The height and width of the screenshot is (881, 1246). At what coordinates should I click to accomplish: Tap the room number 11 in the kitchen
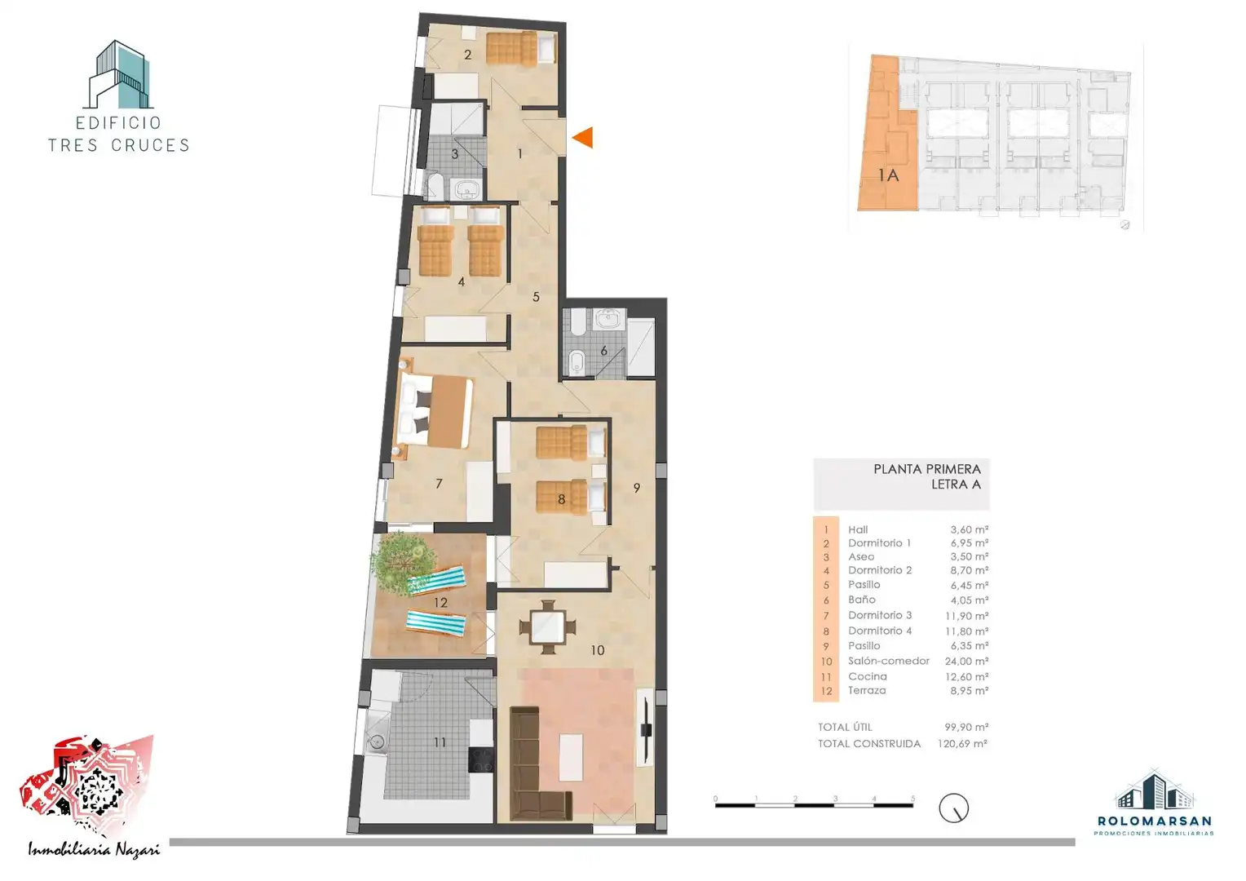coord(440,742)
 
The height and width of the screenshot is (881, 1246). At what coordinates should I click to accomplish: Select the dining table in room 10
coord(547,627)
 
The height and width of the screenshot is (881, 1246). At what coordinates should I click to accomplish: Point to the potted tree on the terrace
coord(402,563)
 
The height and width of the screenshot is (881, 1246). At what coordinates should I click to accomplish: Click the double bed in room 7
coord(433,412)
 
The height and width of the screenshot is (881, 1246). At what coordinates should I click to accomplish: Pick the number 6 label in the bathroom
coord(603,351)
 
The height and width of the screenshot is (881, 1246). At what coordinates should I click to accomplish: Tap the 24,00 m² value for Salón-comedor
coord(966,662)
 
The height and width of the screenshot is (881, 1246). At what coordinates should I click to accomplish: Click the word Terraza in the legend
coord(867,691)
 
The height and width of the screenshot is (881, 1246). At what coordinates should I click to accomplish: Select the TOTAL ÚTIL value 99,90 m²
coord(966,727)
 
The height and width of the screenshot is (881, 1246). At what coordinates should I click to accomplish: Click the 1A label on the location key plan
coord(888,176)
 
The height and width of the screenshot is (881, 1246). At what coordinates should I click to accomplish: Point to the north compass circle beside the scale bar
coord(953,808)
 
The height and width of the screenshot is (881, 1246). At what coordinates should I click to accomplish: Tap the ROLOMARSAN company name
coord(1154,821)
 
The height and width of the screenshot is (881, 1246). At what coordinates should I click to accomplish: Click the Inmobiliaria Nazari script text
coord(94,849)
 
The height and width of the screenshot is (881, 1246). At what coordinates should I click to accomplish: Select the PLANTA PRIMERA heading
coord(926,469)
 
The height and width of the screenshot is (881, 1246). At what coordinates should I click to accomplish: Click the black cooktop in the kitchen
coord(481,759)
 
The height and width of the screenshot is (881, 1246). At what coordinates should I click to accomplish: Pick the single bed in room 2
coord(520,48)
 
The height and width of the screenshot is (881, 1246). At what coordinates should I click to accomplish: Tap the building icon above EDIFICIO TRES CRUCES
coord(118,74)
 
